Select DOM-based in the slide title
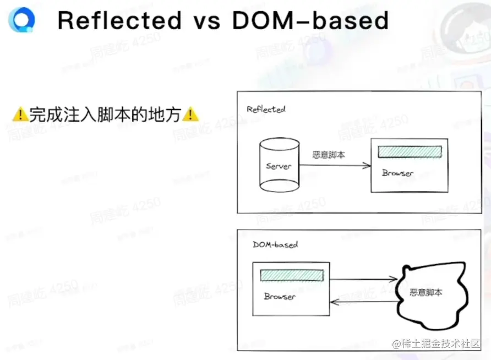coord(310,20)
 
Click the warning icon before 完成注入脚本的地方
coord(20,114)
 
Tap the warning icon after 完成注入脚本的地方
coord(190,114)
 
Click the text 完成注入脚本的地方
coord(105,114)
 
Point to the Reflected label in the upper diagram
coord(266,109)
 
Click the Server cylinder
coord(278,165)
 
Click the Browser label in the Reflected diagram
coord(397,173)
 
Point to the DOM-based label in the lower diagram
coord(275,244)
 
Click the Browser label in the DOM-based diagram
coord(280,296)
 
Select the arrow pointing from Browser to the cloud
coord(363,280)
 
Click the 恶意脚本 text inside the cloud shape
coord(426,292)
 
